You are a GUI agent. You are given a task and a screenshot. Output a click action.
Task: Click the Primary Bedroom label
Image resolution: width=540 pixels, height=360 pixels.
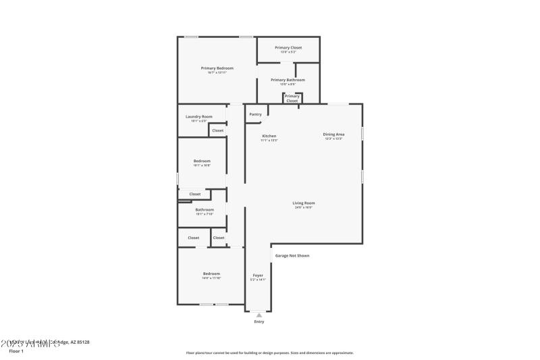(217, 68)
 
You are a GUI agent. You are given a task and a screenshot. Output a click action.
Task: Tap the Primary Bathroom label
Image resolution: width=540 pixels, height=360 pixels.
(288, 80)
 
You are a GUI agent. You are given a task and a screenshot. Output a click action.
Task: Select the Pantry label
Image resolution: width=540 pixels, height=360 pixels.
(255, 114)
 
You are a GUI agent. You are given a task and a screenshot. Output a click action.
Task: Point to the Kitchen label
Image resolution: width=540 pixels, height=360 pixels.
(269, 136)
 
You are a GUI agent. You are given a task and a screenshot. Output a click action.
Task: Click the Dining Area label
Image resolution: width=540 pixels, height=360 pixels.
(333, 134)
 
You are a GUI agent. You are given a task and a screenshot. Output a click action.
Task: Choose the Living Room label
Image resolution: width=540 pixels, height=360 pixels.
(304, 203)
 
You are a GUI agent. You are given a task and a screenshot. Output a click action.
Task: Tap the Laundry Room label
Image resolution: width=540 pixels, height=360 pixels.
(199, 116)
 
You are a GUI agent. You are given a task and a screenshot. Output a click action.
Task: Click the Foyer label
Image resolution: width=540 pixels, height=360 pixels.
(258, 275)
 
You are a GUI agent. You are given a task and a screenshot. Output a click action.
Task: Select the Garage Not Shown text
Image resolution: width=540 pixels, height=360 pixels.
(292, 255)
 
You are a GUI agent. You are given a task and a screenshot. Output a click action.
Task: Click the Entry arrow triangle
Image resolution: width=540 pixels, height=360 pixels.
(259, 315)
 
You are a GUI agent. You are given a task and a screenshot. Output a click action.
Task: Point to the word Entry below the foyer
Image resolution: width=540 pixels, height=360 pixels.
(259, 322)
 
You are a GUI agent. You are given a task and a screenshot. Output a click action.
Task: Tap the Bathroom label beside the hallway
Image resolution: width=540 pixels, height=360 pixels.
(205, 209)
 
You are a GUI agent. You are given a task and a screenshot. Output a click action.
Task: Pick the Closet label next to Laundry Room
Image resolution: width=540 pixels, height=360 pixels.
(218, 130)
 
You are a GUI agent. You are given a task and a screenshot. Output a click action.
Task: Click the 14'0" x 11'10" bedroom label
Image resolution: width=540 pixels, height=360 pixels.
(211, 278)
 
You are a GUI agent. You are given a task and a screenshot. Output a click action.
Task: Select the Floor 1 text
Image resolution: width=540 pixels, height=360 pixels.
(16, 351)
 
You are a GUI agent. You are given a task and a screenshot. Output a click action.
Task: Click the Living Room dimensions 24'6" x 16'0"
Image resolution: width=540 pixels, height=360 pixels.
(304, 207)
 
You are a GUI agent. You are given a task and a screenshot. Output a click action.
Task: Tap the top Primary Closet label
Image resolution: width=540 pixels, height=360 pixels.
(288, 48)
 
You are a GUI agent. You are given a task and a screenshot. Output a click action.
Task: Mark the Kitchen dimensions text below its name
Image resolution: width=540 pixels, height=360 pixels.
(269, 140)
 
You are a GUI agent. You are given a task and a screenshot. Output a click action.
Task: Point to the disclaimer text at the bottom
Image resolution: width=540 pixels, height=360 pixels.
(269, 353)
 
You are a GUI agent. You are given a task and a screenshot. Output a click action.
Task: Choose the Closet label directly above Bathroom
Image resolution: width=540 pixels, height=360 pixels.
(195, 194)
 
